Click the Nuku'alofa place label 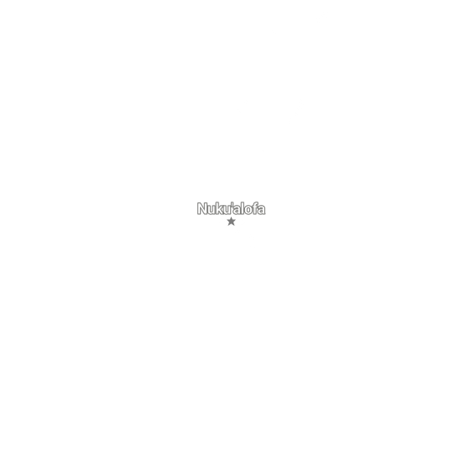231,208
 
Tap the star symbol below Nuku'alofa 231,222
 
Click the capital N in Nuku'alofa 202,208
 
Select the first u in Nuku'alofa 212,210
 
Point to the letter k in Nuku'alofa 220,208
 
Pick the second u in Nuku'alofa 227,210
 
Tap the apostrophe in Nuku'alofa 232,204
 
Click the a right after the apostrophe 236,210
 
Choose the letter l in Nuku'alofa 243,208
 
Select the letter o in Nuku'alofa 248,210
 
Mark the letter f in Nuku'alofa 255,208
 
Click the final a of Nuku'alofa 262,210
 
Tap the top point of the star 231,217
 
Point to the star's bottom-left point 228,226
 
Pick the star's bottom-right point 234,226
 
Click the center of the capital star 231,222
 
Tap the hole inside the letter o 248,210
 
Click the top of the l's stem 243,202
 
